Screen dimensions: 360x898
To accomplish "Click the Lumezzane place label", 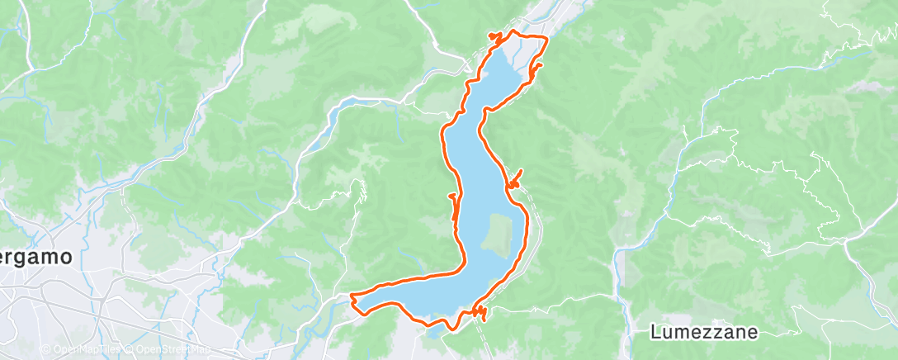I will point(702,333).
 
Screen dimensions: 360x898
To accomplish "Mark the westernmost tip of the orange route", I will point(352,295).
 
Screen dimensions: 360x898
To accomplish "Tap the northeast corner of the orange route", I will point(547,39).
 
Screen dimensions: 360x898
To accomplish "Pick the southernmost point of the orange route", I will point(451,329).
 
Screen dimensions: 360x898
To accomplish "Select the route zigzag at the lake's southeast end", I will point(480,312).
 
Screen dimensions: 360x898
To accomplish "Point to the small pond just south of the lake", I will point(433,333).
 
